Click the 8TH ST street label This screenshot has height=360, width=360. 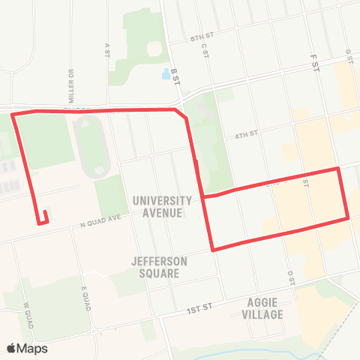click(202, 36)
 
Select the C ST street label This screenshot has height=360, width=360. click(204, 49)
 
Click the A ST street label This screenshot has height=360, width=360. click(107, 49)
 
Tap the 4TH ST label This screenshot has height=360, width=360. click(246, 136)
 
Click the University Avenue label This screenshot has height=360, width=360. click(162, 206)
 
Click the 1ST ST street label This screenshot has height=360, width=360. click(201, 307)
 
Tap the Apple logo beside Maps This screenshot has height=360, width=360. click(12, 348)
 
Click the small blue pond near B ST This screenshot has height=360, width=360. click(165, 74)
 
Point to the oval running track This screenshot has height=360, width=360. click(92, 147)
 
